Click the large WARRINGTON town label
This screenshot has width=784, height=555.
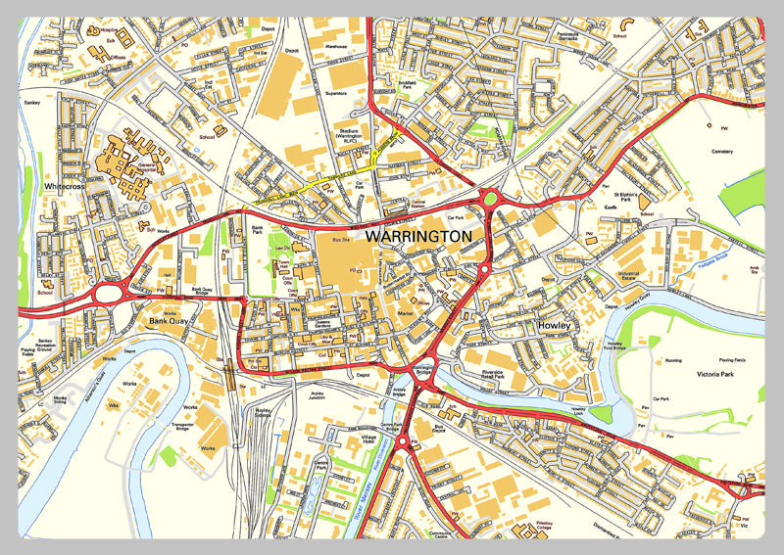(x=418, y=237)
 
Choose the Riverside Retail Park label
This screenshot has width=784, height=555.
(x=506, y=376)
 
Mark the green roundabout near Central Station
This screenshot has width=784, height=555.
(x=490, y=200)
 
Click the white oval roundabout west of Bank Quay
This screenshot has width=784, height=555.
(x=108, y=293)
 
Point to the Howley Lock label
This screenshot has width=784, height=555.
(x=598, y=414)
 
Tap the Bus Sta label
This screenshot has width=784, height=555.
(x=341, y=239)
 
